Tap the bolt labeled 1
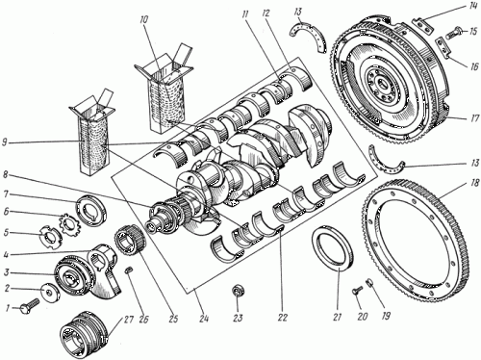(x=30, y=306)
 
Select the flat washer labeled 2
(x=51, y=293)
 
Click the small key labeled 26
(x=129, y=270)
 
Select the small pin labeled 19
(x=369, y=283)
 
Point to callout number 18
(x=473, y=186)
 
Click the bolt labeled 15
(x=453, y=33)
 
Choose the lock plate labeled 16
(x=443, y=47)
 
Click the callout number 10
(x=144, y=20)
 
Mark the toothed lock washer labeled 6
(x=68, y=222)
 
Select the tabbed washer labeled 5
(x=50, y=237)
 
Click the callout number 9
(x=6, y=142)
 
